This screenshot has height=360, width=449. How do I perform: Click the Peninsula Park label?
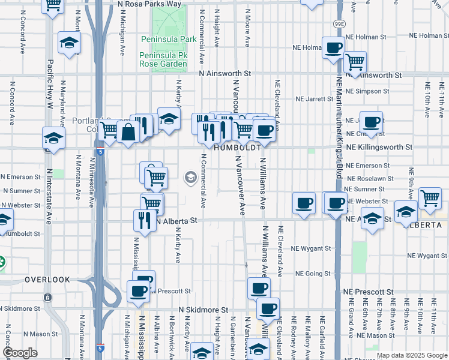pyautogui.click(x=160, y=39)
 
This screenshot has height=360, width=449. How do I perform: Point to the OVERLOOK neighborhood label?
pyautogui.click(x=47, y=280)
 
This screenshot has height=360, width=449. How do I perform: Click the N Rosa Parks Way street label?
pyautogui.click(x=149, y=4)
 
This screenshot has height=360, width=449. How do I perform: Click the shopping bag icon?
pyautogui.click(x=129, y=132)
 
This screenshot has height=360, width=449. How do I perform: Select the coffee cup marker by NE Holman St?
pyautogui.click(x=333, y=48)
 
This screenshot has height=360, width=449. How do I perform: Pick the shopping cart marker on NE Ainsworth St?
pyautogui.click(x=355, y=61)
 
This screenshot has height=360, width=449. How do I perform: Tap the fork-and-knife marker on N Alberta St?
pyautogui.click(x=145, y=220)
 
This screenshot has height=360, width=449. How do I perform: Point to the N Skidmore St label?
pyautogui.click(x=204, y=310)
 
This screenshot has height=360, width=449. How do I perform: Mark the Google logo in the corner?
pyautogui.click(x=20, y=353)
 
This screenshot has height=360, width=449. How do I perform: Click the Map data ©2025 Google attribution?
pyautogui.click(x=411, y=355)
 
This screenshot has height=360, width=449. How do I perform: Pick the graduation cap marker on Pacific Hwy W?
pyautogui.click(x=53, y=139)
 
